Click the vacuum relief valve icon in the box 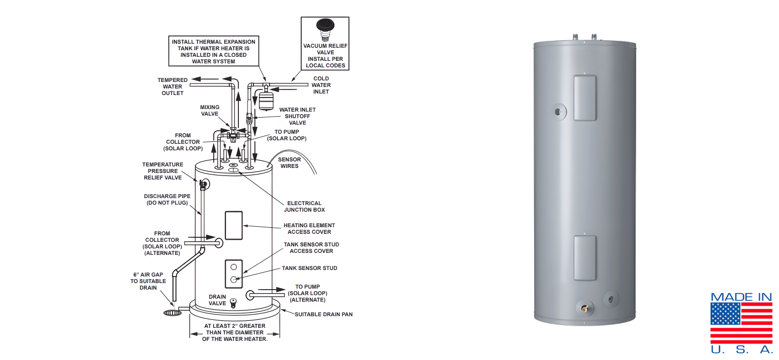324,28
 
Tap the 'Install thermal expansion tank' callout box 213,51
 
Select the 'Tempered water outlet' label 172,86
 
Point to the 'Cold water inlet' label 321,85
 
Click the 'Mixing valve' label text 210,110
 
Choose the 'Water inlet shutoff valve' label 297,116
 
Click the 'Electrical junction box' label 304,207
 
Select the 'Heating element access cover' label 309,229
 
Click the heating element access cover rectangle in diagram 233,225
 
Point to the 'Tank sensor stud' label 309,268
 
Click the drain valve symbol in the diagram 233,303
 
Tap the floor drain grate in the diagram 172,313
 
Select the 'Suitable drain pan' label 323,314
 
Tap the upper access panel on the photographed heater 585,98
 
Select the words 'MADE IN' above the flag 741,297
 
